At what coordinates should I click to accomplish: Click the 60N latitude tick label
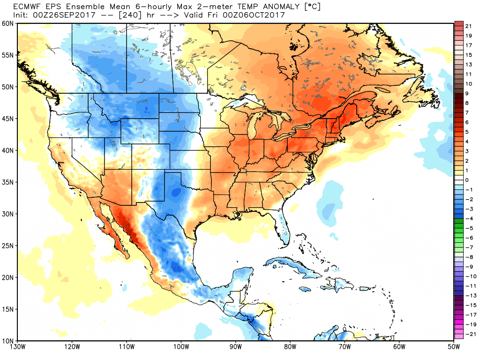pos(7,23)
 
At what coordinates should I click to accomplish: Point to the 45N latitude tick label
pos(7,119)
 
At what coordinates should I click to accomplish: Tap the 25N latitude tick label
pos(7,246)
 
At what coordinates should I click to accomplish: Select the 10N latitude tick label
pos(7,341)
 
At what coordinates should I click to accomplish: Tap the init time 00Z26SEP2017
pos(63,15)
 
